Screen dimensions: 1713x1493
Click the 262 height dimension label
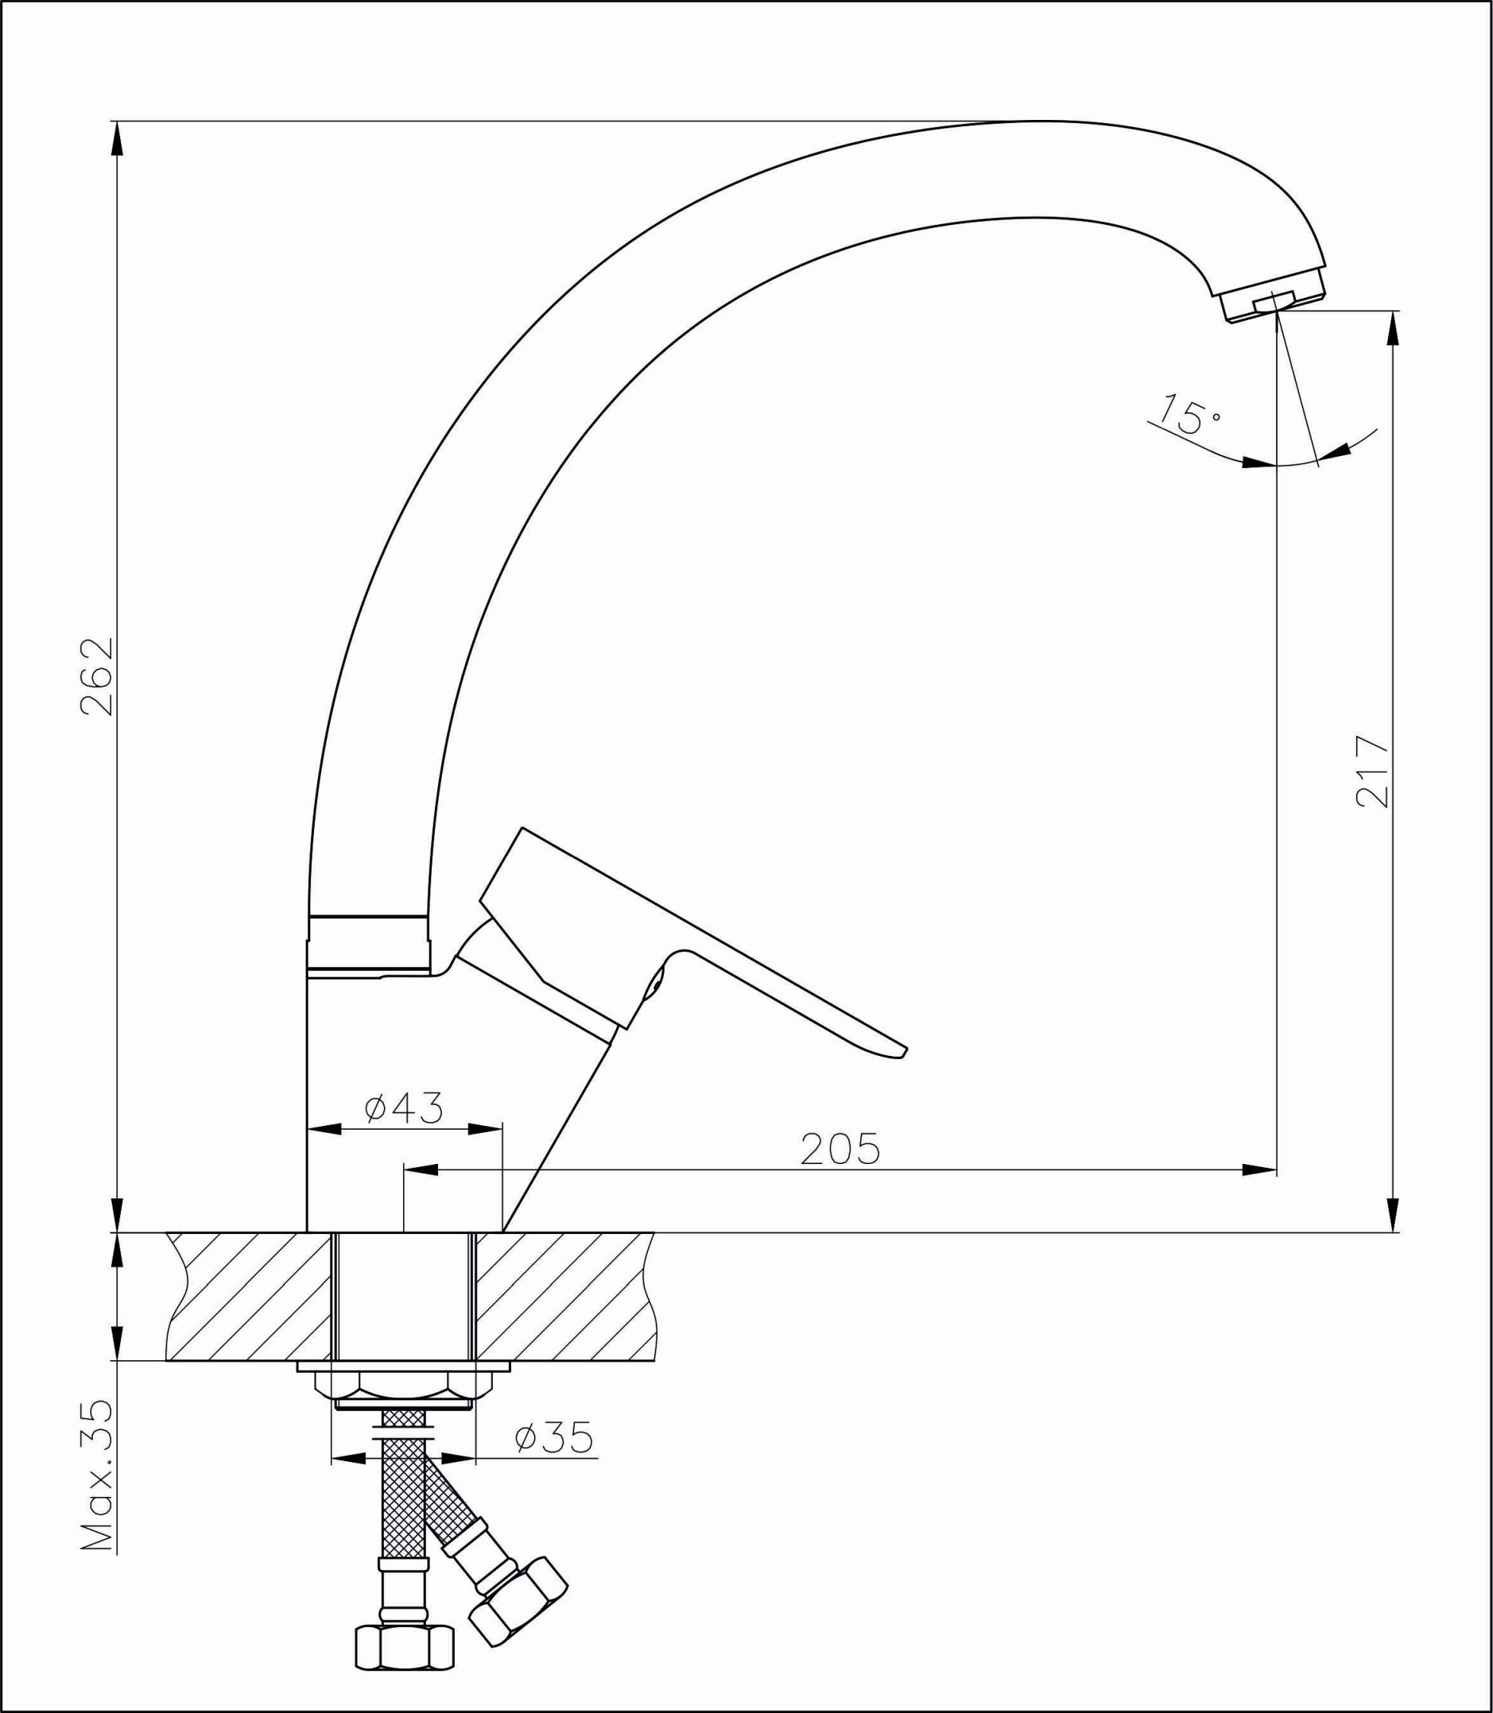98,677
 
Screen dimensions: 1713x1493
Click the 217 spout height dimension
1373,771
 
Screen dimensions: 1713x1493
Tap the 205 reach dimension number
840,1150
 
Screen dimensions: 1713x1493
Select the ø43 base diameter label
404,1108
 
